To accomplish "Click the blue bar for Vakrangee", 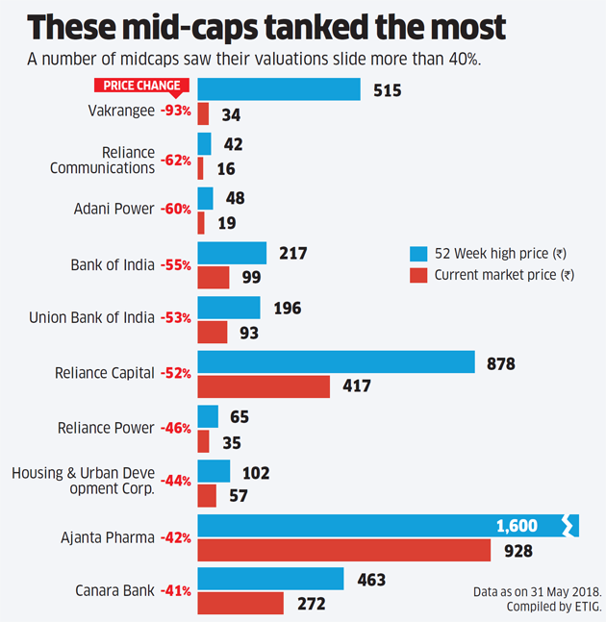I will coord(279,89).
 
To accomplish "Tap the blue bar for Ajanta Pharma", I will coord(385,526).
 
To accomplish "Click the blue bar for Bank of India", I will coord(232,253).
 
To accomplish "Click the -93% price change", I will coord(175,112).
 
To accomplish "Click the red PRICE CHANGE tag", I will coord(141,86).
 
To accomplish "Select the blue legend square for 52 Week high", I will coord(418,254).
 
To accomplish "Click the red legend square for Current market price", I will coord(418,275).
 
